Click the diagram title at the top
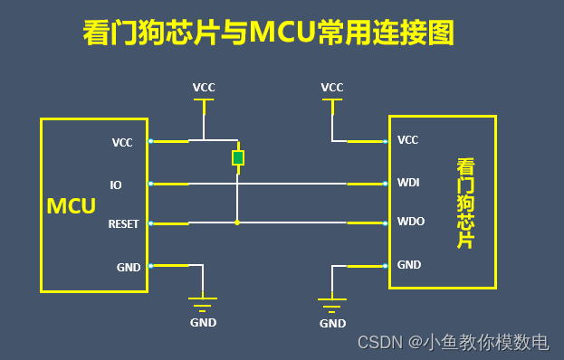pyautogui.click(x=267, y=33)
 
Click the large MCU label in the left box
pyautogui.click(x=72, y=206)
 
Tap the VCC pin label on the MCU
pyautogui.click(x=122, y=142)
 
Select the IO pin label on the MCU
pyautogui.click(x=116, y=185)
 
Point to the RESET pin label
pyautogui.click(x=123, y=223)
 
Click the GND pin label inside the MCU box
pyautogui.click(x=128, y=267)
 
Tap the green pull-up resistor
pyautogui.click(x=237, y=158)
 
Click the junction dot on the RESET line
pyautogui.click(x=237, y=223)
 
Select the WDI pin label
pyautogui.click(x=407, y=184)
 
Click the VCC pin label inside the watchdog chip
pyautogui.click(x=408, y=140)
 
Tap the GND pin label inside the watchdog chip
pyautogui.click(x=409, y=264)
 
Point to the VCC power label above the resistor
pyautogui.click(x=204, y=88)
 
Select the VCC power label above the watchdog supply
pyautogui.click(x=332, y=87)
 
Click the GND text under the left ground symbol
pyautogui.click(x=203, y=322)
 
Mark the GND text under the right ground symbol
pyautogui.click(x=332, y=323)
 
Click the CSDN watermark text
pyautogui.click(x=453, y=342)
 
